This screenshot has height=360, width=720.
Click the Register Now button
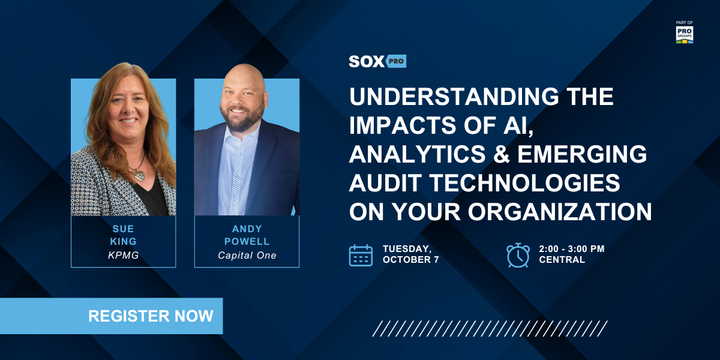(x=111, y=316)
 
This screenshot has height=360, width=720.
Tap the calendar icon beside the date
(x=361, y=255)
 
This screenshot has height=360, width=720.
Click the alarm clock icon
(x=518, y=255)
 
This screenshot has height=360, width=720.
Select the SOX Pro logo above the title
(x=377, y=61)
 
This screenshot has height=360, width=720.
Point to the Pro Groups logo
(x=685, y=34)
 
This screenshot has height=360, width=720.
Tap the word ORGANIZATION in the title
(x=560, y=212)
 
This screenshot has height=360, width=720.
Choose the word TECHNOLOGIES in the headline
(x=524, y=183)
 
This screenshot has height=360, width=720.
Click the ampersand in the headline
(x=501, y=154)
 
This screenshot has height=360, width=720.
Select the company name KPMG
(x=124, y=255)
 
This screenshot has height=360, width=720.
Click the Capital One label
(x=247, y=255)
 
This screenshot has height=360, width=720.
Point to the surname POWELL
(x=247, y=241)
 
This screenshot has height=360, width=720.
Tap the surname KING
(x=124, y=241)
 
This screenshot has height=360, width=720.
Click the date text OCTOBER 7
(x=411, y=260)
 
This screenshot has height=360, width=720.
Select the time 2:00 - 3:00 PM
(x=572, y=249)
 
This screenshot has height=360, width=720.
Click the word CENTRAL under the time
(x=562, y=260)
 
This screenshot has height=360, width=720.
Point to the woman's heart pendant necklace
(x=139, y=175)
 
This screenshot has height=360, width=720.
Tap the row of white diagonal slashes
(x=490, y=329)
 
